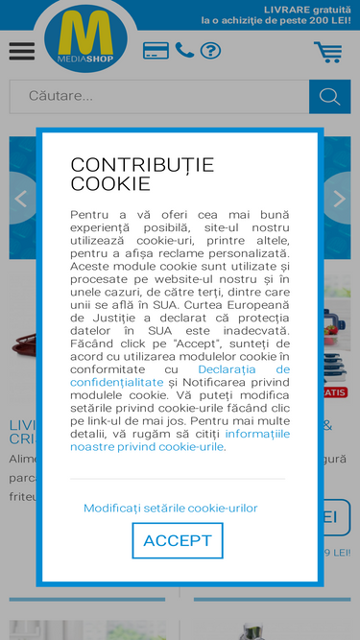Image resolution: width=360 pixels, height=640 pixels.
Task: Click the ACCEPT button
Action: click(x=178, y=540)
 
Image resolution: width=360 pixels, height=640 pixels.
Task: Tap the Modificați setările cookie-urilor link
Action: click(x=171, y=508)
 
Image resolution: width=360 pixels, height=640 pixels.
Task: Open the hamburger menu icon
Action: click(x=21, y=51)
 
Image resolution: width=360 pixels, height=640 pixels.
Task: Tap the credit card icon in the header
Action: click(x=156, y=51)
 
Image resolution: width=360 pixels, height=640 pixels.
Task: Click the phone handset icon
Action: click(x=184, y=50)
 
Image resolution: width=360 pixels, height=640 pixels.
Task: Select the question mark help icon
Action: click(x=210, y=51)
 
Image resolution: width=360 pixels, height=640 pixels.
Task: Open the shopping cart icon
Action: click(x=327, y=52)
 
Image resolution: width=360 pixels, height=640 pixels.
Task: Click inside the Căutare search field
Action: click(x=159, y=96)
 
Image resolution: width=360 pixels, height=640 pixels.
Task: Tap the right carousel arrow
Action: click(x=338, y=199)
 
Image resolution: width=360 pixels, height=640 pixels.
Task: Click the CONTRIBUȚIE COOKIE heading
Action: click(x=142, y=174)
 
